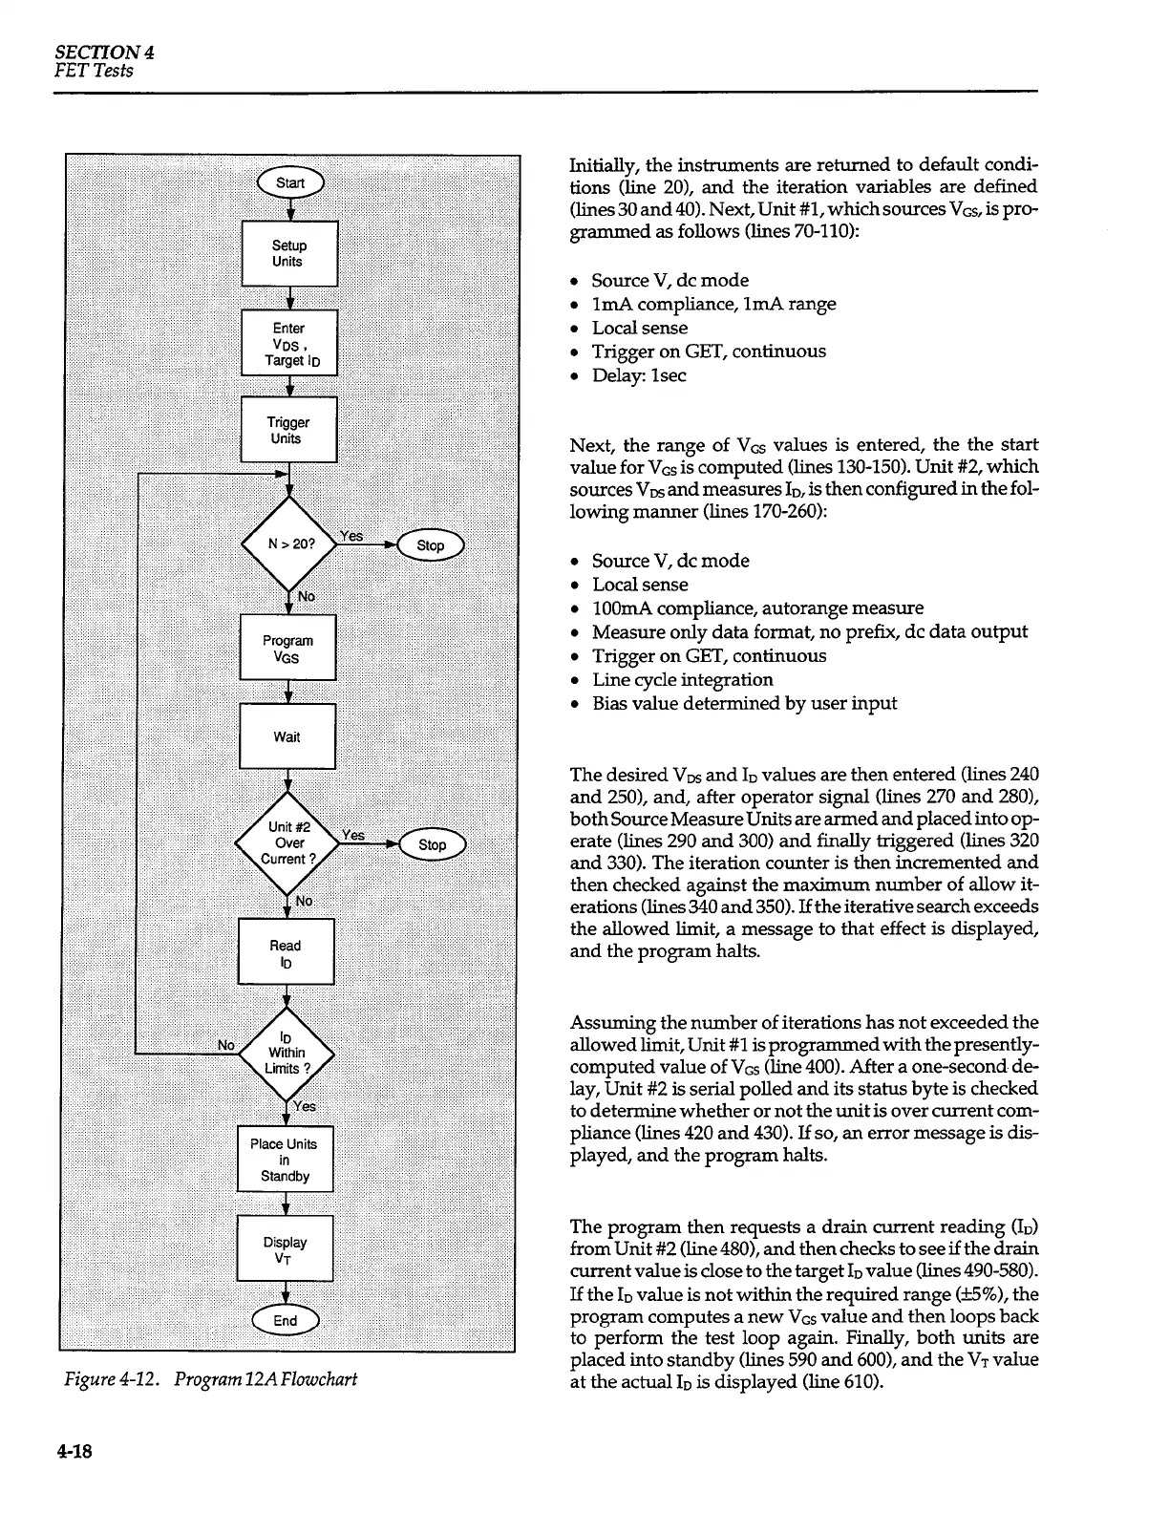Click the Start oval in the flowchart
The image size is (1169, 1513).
click(289, 183)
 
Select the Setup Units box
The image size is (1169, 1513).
click(289, 253)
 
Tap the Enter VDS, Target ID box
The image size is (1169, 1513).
click(289, 343)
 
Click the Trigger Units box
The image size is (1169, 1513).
click(288, 430)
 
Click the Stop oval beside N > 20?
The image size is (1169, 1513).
click(431, 545)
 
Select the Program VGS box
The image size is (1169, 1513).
click(287, 649)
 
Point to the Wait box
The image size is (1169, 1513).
click(287, 736)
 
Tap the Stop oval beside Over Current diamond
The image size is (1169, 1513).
click(432, 844)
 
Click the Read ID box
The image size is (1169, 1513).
click(286, 952)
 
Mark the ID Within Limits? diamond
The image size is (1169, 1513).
click(286, 1052)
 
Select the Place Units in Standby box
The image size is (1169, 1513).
click(285, 1160)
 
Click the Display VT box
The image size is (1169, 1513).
click(285, 1249)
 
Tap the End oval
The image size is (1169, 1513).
click(286, 1321)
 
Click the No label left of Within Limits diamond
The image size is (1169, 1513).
click(226, 1045)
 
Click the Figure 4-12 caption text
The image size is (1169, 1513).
click(207, 1378)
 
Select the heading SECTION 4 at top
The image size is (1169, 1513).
click(104, 53)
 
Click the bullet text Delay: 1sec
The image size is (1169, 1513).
click(638, 375)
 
